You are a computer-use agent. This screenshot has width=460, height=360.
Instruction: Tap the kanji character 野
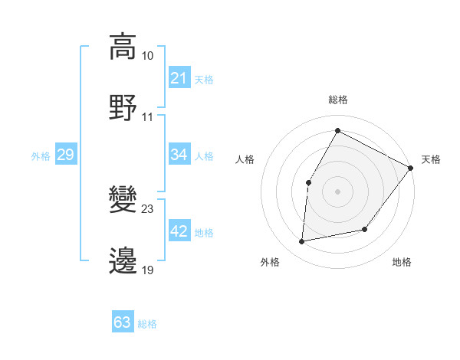click(123, 106)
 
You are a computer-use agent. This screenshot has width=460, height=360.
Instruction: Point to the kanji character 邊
click(123, 260)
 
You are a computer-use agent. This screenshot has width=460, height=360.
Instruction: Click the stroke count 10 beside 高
click(148, 56)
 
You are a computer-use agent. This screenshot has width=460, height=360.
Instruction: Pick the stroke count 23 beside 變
click(148, 208)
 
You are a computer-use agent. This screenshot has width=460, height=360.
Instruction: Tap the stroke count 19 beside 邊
click(148, 270)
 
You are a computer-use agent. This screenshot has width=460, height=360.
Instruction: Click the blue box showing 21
click(179, 78)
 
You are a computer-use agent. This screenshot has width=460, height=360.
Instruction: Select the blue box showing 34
click(179, 155)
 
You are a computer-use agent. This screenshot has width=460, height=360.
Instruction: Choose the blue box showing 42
click(179, 231)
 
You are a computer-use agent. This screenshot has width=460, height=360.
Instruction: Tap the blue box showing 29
click(65, 155)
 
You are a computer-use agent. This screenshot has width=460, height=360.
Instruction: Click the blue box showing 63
click(122, 322)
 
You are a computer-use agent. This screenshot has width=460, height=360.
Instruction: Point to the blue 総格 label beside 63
click(147, 324)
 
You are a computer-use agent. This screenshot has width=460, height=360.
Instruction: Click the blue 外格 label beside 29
click(41, 156)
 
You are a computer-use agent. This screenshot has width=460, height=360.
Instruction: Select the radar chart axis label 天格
click(431, 159)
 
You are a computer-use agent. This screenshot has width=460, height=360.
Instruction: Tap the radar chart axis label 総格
click(337, 100)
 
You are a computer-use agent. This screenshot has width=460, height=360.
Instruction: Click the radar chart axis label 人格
click(245, 159)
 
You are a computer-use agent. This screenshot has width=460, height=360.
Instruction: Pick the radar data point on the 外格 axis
click(303, 241)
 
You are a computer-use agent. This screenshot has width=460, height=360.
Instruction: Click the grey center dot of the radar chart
click(337, 191)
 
